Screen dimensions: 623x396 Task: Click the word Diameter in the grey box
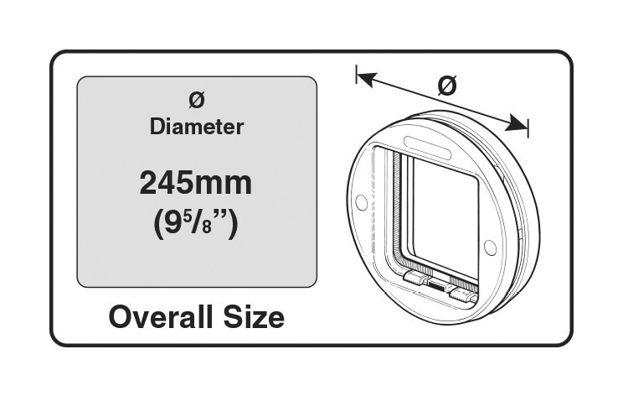pyautogui.click(x=197, y=128)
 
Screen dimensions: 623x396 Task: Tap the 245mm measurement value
pyautogui.click(x=196, y=183)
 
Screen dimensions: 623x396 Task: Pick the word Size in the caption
pyautogui.click(x=254, y=317)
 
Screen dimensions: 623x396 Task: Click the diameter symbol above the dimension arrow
pyautogui.click(x=447, y=86)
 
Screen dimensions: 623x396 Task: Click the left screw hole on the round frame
pyautogui.click(x=361, y=202)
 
